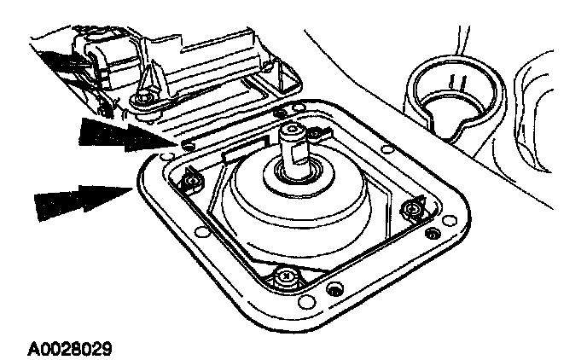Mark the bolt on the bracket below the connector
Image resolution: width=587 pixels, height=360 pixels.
tap(147, 101)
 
